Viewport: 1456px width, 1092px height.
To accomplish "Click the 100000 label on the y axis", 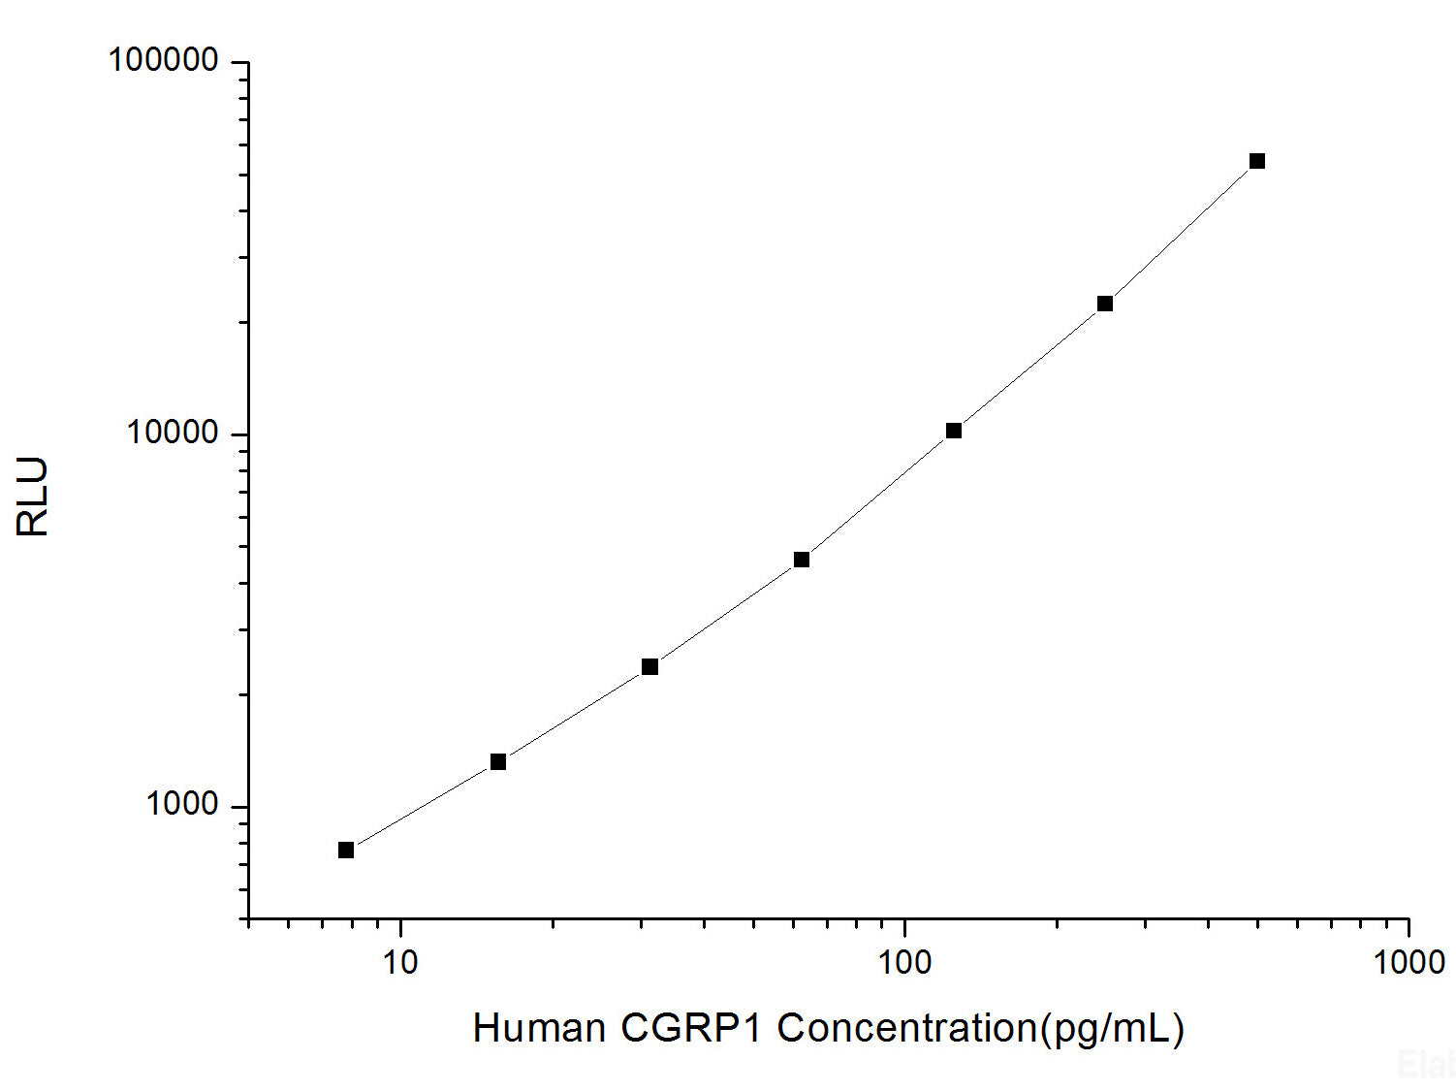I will pyautogui.click(x=163, y=60).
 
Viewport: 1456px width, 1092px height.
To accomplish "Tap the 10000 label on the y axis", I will pyautogui.click(x=173, y=433).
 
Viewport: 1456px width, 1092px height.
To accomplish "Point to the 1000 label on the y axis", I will pyautogui.click(x=182, y=804).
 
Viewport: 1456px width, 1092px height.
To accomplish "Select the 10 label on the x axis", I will pyautogui.click(x=399, y=962).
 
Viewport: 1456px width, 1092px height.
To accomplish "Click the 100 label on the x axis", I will pyautogui.click(x=903, y=962).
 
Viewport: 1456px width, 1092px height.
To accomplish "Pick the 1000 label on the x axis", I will pyautogui.click(x=1409, y=962).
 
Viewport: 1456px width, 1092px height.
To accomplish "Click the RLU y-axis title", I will pyautogui.click(x=33, y=497).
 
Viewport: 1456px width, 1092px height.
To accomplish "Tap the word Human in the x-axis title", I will pyautogui.click(x=539, y=1028).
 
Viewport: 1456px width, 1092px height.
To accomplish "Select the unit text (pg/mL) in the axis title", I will pyautogui.click(x=1112, y=1029).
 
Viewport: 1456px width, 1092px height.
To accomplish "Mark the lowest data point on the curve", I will pyautogui.click(x=346, y=850).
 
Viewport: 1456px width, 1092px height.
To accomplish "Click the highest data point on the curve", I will pyautogui.click(x=1256, y=161).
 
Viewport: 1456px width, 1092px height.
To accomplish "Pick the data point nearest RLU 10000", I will pyautogui.click(x=954, y=431).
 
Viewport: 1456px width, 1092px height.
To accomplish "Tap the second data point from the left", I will pyautogui.click(x=498, y=762).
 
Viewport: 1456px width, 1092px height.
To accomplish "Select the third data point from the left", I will pyautogui.click(x=649, y=667).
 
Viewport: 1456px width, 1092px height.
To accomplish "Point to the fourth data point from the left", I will pyautogui.click(x=802, y=560).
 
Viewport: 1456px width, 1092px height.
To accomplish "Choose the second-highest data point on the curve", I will pyautogui.click(x=1105, y=304).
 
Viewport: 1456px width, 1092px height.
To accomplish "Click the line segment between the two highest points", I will pyautogui.click(x=1181, y=233).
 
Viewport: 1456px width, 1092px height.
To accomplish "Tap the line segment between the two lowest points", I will pyautogui.click(x=422, y=806).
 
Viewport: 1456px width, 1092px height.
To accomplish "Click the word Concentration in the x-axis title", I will pyautogui.click(x=907, y=1028).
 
